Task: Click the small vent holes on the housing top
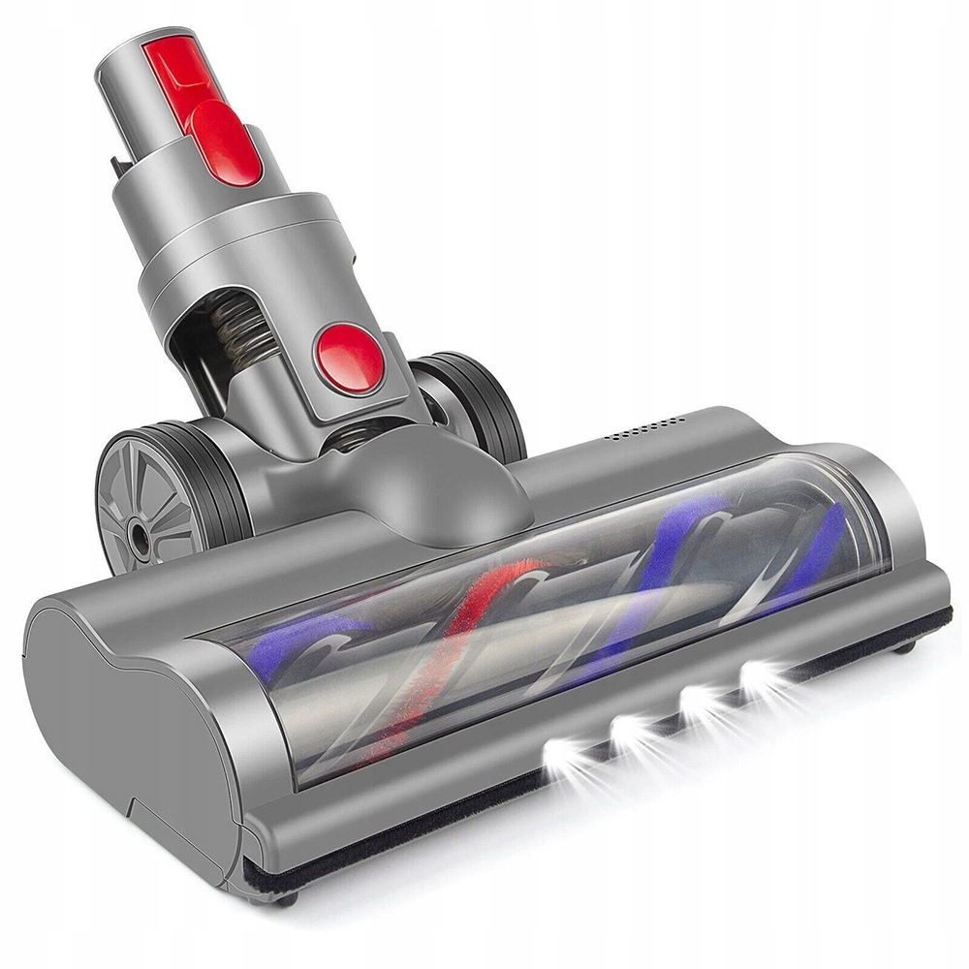tap(646, 427)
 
